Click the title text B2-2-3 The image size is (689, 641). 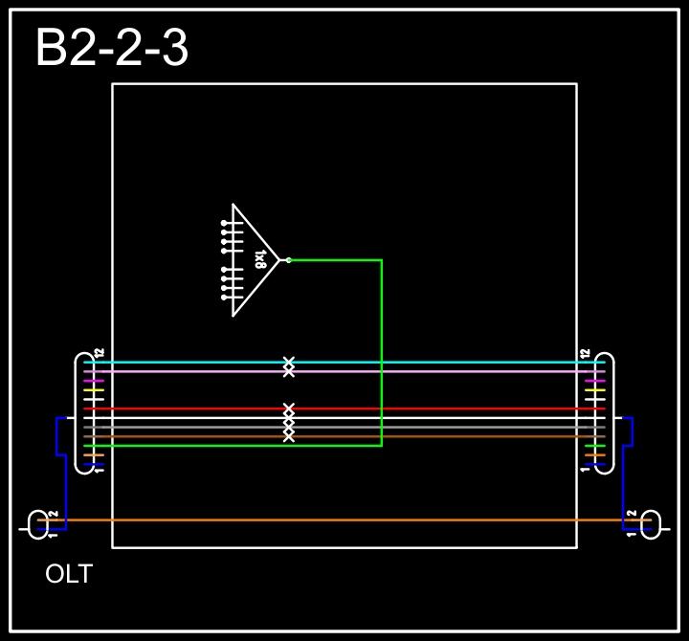coord(111,49)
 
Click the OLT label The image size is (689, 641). coord(69,574)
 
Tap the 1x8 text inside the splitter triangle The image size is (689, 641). coord(260,259)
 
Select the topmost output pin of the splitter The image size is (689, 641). coord(225,223)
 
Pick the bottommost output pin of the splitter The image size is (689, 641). coord(225,297)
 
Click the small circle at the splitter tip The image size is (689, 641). coord(288,259)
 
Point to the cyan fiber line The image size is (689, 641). coord(431,362)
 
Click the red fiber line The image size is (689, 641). coord(431,409)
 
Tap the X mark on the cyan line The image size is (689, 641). coord(289,362)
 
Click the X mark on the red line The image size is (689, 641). coord(289,409)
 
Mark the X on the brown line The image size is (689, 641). coord(289,436)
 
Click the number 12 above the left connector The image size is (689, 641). coord(99,353)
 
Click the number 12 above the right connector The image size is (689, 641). coord(585,353)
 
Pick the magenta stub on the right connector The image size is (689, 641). coord(595,381)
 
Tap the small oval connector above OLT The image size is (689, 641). coord(37,523)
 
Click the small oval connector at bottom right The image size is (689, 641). coord(651,523)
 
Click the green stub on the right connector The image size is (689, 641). coord(595,446)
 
